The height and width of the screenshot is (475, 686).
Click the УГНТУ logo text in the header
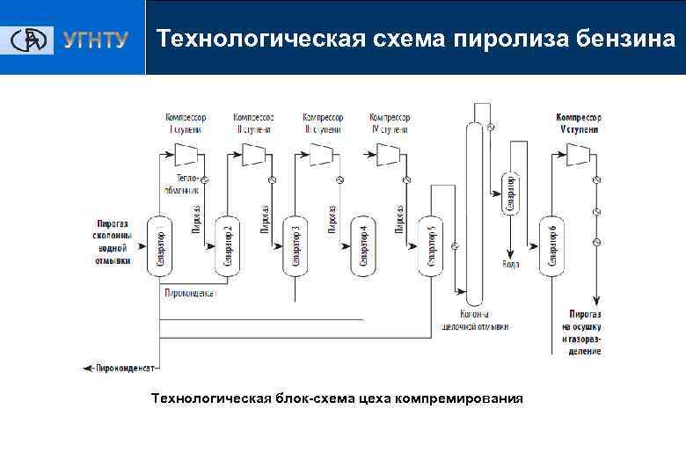click(x=95, y=40)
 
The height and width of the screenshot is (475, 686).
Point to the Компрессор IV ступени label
click(x=390, y=122)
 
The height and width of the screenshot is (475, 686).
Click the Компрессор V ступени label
click(x=578, y=122)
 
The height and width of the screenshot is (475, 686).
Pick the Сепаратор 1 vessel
click(x=158, y=245)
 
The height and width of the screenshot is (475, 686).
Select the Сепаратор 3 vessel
click(x=295, y=245)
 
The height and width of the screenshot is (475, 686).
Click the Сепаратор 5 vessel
click(x=429, y=245)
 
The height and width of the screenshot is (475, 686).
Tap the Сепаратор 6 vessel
click(x=551, y=245)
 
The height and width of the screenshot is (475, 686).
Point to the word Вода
click(x=510, y=263)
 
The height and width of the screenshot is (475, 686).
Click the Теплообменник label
click(x=182, y=183)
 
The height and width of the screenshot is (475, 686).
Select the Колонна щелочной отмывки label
click(x=475, y=320)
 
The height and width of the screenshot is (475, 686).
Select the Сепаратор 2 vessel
click(x=227, y=245)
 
